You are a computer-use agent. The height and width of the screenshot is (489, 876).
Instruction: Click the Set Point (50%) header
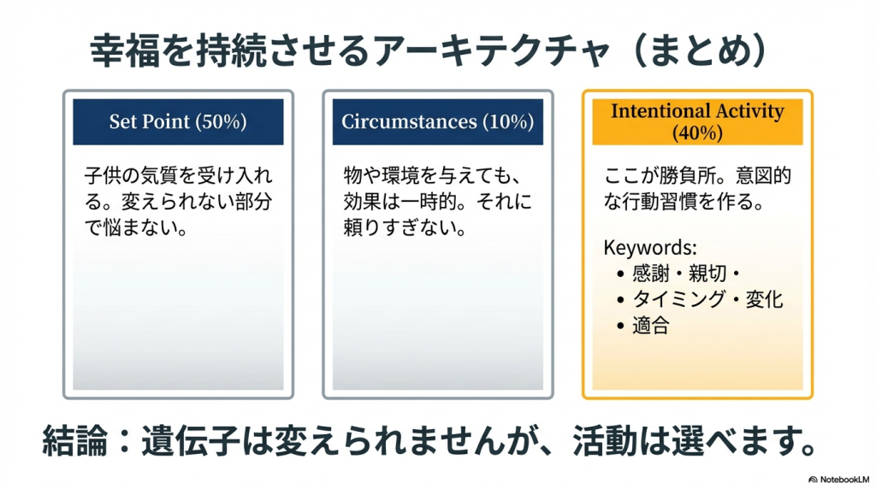[x=178, y=121]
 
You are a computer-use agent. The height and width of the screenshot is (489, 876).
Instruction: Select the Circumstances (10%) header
[x=437, y=121]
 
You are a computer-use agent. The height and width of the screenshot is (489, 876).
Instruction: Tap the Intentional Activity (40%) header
[x=697, y=121]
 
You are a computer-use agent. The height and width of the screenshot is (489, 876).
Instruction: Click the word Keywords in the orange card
[x=648, y=247]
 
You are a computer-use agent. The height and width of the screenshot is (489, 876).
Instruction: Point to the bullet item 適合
[x=651, y=326]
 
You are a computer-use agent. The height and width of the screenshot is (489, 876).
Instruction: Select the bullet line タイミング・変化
[x=707, y=300]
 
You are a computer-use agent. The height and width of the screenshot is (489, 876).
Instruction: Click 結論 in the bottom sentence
[x=75, y=440]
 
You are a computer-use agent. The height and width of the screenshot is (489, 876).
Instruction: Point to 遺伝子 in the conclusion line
[x=190, y=440]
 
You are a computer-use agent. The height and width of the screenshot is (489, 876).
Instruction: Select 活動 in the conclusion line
[x=605, y=440]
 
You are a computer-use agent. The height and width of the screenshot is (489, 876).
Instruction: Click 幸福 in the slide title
[x=125, y=50]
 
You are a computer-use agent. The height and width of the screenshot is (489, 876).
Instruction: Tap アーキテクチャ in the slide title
[x=493, y=50]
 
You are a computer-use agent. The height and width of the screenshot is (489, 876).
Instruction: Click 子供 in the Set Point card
[x=104, y=175]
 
